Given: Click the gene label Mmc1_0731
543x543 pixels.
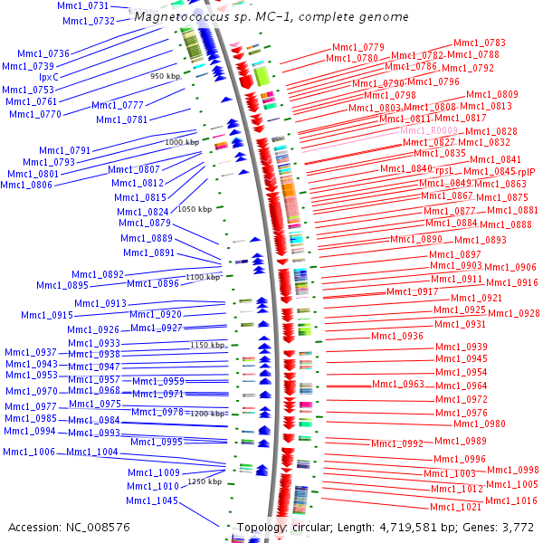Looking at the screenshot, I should tap(82, 6).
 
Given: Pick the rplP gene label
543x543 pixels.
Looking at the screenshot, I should tap(526, 172).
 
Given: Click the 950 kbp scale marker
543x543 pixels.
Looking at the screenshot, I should tap(167, 76).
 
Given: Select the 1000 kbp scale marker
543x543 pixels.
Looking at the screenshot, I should tap(182, 142).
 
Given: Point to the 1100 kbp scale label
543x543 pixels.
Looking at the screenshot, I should tap(203, 277).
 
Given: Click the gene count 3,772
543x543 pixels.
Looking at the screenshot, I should tap(516, 527).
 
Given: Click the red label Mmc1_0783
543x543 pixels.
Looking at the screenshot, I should tap(479, 43).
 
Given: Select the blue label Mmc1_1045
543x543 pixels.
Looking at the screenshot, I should tap(151, 501).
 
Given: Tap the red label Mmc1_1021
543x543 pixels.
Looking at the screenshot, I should tap(455, 508).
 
